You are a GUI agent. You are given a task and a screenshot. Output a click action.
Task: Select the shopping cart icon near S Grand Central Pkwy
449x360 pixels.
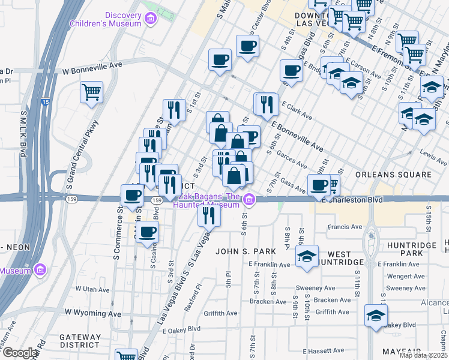91,92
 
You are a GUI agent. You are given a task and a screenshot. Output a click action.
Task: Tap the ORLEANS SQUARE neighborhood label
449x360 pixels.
393,175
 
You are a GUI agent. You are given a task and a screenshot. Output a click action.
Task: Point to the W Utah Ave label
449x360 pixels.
92,289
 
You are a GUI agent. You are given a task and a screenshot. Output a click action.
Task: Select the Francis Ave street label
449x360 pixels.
345,227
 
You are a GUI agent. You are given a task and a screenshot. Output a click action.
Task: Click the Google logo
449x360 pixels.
20,353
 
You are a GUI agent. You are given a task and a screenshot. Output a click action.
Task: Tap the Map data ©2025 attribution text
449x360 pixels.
423,355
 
